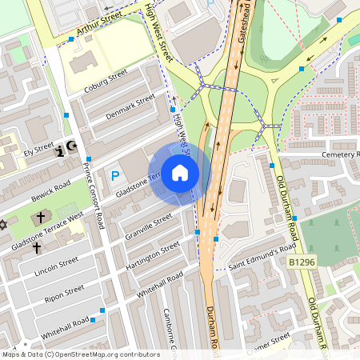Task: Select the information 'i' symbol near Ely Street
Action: [x=59, y=151]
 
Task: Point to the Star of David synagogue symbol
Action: [x=3, y=225]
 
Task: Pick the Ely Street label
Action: [x=38, y=150]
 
